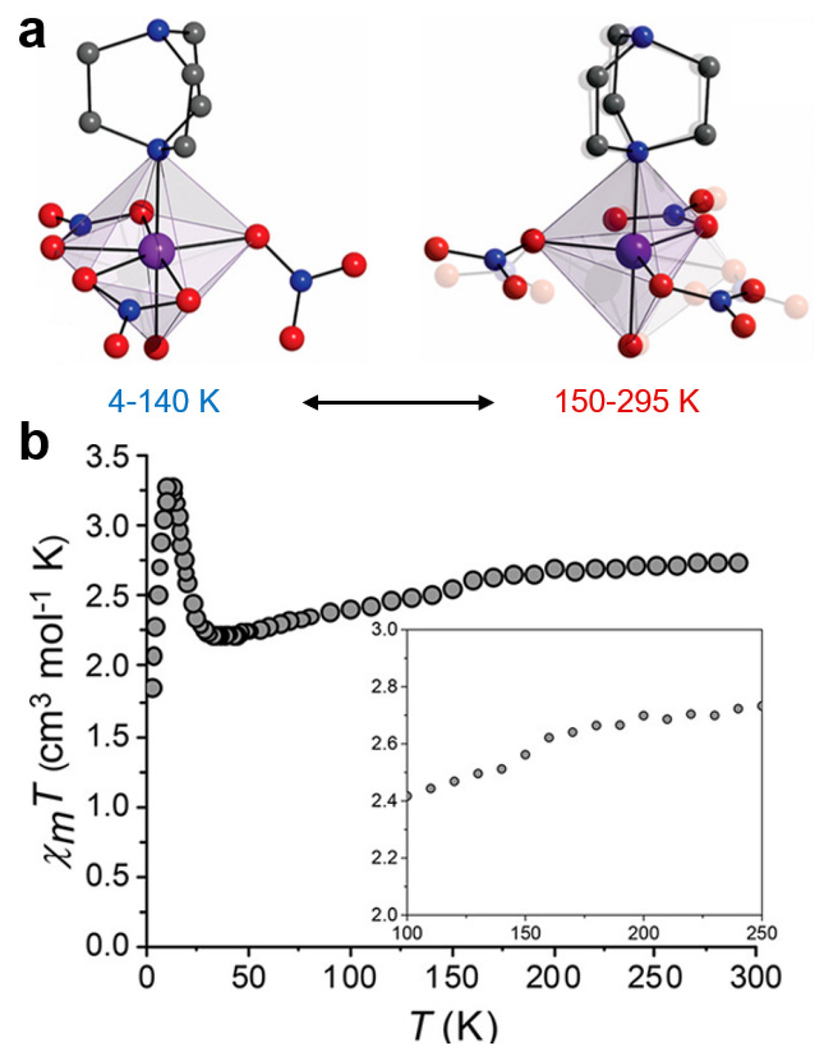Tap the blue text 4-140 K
(x=164, y=402)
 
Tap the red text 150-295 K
(x=627, y=402)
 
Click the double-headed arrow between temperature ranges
(x=398, y=402)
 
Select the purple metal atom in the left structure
(x=157, y=251)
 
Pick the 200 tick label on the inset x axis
(x=643, y=933)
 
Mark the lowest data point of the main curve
(x=153, y=688)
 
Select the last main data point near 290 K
(x=738, y=563)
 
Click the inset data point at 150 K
(x=526, y=754)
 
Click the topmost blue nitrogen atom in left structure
(x=157, y=30)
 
